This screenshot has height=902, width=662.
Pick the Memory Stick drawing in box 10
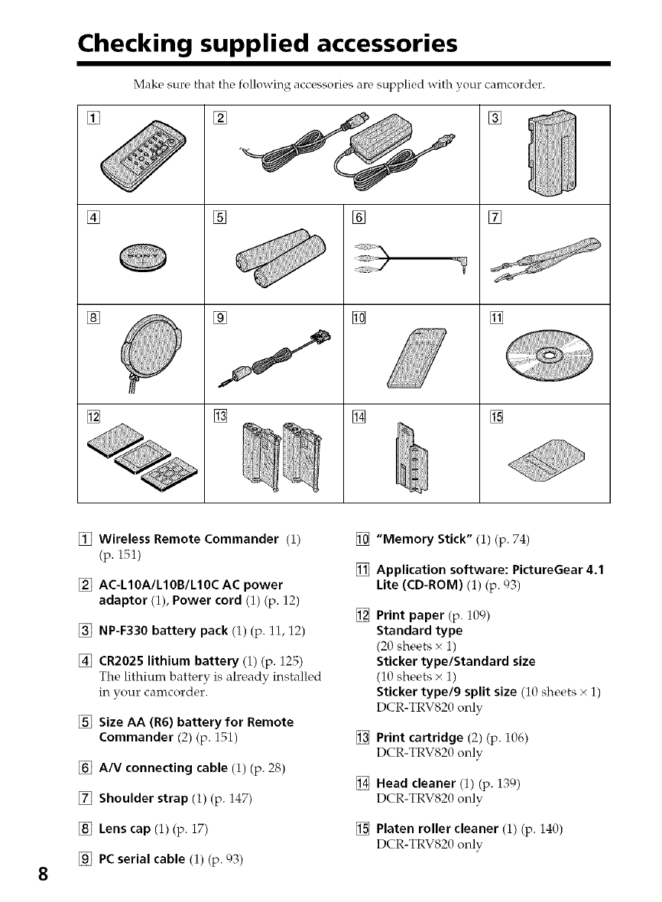[413, 358]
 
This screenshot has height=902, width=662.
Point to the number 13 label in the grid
[217, 415]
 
